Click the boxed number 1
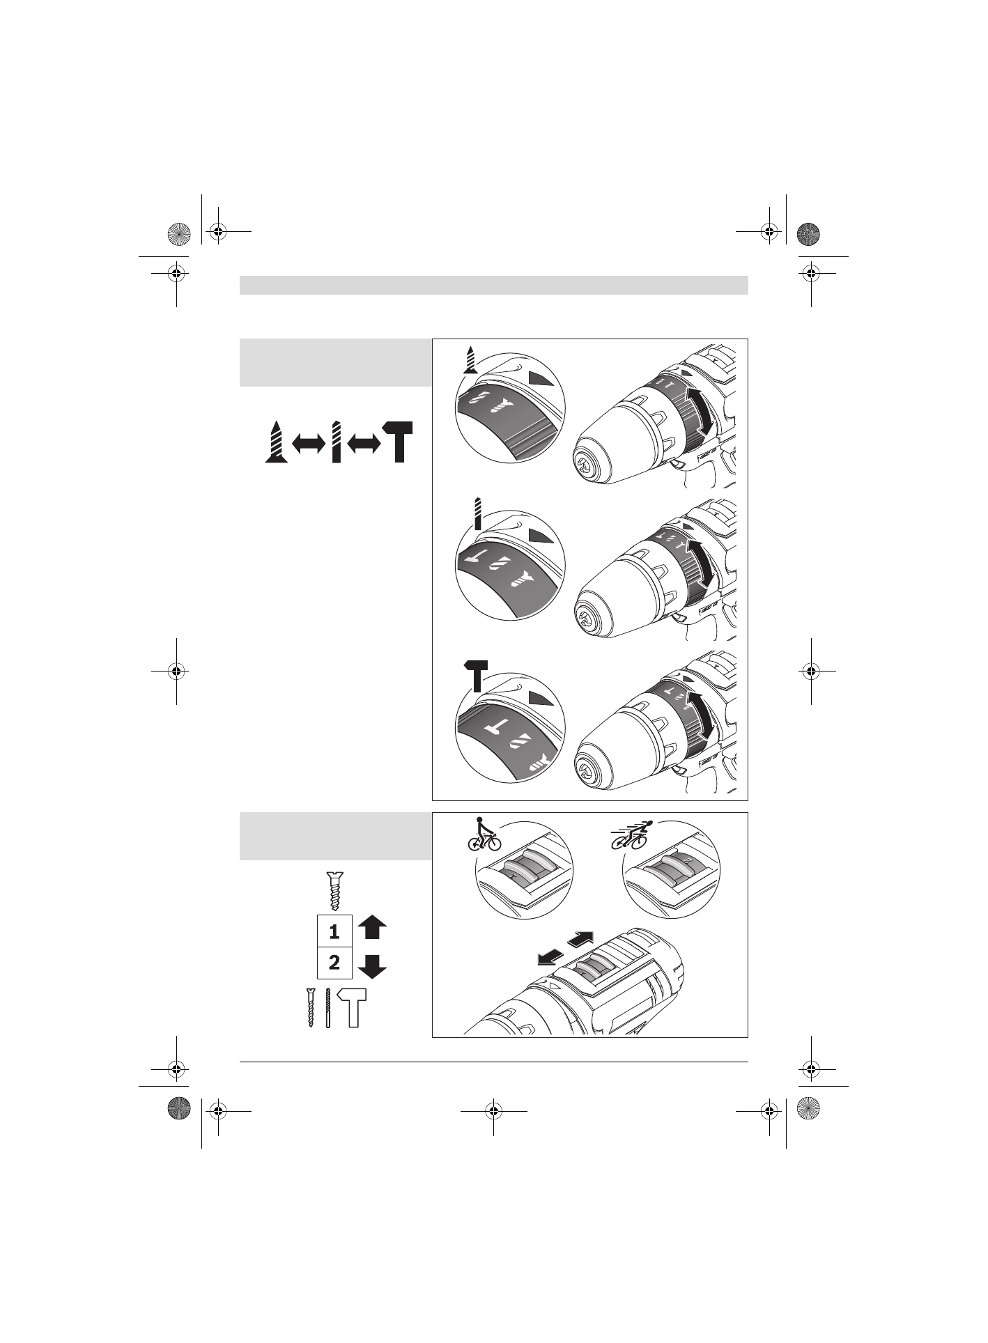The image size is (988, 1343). [x=334, y=931]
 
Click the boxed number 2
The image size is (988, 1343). [x=334, y=963]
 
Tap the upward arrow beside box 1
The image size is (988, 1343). [x=373, y=929]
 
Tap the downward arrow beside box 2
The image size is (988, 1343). [x=373, y=965]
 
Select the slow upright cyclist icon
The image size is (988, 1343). [x=484, y=834]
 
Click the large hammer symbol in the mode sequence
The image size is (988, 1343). [x=398, y=442]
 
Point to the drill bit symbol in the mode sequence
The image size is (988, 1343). [x=337, y=442]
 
